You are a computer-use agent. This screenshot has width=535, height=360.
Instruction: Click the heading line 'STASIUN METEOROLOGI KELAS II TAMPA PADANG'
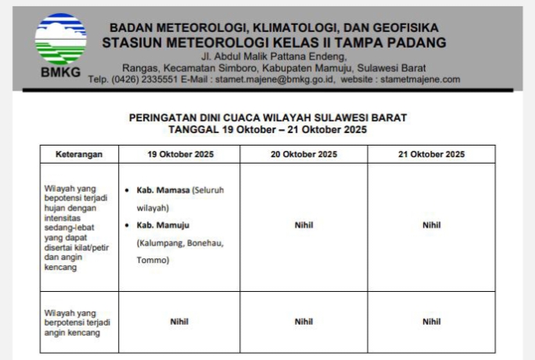[274, 42]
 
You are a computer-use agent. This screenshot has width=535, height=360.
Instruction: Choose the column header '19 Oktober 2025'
[179, 154]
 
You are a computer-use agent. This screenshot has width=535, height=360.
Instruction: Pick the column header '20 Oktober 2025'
[303, 154]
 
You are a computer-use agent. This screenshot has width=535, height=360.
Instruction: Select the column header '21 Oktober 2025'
[431, 154]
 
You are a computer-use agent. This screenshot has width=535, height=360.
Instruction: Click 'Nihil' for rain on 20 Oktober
[303, 225]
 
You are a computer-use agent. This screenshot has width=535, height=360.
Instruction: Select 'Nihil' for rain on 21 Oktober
[431, 225]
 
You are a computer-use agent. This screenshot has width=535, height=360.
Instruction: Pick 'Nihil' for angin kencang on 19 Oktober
[179, 321]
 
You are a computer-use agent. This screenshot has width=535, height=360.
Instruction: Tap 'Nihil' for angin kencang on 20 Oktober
[303, 321]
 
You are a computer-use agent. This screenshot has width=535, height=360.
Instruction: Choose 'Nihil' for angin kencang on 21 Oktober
[431, 321]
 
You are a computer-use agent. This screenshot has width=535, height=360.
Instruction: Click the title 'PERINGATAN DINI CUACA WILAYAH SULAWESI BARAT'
[267, 117]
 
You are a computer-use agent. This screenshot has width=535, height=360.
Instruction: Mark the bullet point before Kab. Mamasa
[127, 190]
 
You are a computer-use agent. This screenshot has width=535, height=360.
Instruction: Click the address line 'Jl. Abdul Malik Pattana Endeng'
[273, 57]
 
